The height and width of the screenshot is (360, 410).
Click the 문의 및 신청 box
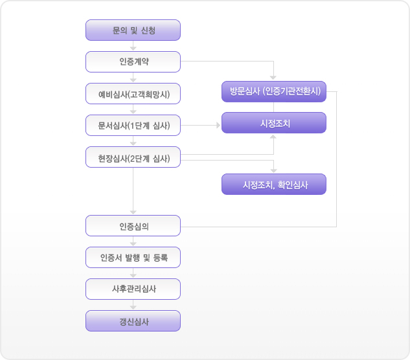click(x=133, y=30)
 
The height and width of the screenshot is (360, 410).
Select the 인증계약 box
click(x=133, y=62)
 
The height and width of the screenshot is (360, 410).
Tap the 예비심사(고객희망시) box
click(x=133, y=94)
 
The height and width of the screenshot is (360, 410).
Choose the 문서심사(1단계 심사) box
click(x=133, y=125)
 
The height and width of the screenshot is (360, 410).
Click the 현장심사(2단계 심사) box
click(x=133, y=157)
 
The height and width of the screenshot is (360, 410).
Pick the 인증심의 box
click(x=133, y=225)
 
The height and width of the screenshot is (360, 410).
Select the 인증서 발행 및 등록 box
click(x=133, y=257)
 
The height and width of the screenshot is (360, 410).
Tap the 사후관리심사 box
click(x=133, y=289)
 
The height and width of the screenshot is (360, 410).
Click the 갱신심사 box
click(x=133, y=321)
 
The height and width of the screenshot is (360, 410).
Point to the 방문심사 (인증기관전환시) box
click(x=274, y=91)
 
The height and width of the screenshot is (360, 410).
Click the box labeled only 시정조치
click(x=274, y=122)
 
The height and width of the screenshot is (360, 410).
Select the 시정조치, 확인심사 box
click(x=274, y=184)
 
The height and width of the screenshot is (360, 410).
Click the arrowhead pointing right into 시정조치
click(x=218, y=125)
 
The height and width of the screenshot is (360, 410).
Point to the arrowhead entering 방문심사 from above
click(x=273, y=78)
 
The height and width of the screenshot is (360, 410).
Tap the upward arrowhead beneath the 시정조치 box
click(x=273, y=137)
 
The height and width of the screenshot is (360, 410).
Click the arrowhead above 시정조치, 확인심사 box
click(x=273, y=171)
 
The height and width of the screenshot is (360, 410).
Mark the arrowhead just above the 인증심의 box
click(x=133, y=212)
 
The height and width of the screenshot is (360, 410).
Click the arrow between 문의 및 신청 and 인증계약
click(x=133, y=46)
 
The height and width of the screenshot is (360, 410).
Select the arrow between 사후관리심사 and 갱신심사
click(x=133, y=304)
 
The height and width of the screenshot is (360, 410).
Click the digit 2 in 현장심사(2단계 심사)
click(x=132, y=159)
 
